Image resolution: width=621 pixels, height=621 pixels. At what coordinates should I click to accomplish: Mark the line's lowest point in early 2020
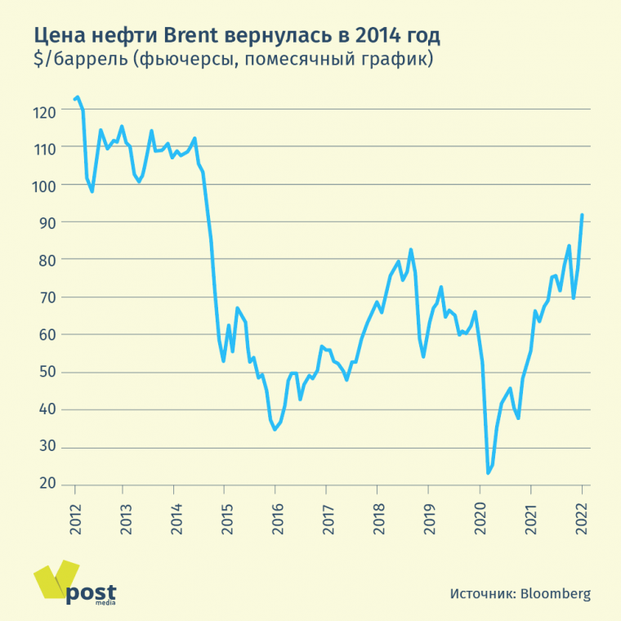(488, 473)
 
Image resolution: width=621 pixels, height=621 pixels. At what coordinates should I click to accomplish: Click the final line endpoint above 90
(582, 215)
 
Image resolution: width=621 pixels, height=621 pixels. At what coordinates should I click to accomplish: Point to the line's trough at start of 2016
(275, 429)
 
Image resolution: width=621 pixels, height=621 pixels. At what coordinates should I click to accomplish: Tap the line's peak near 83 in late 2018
(410, 249)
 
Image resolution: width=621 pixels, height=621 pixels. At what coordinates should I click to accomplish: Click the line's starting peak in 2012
(78, 97)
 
